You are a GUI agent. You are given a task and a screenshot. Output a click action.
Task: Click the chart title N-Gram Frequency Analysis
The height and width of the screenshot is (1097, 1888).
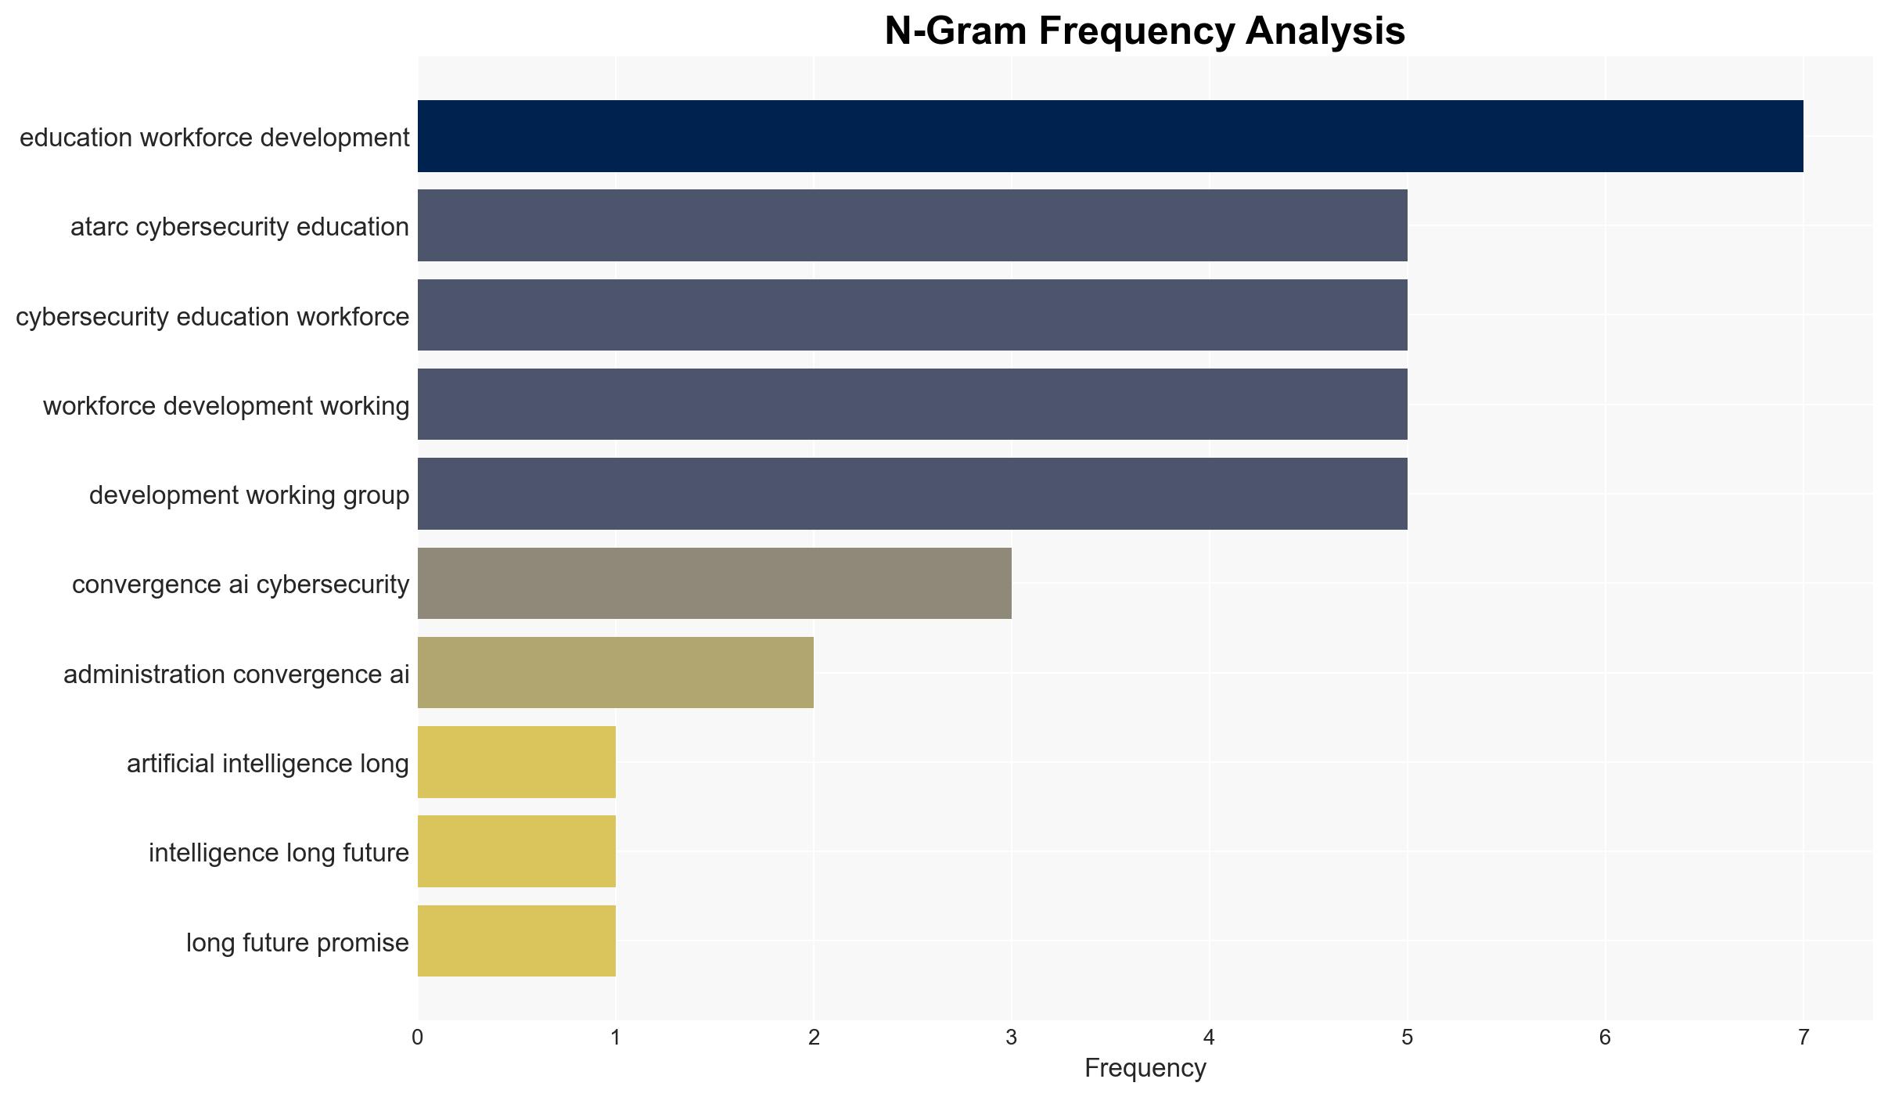coord(1145,31)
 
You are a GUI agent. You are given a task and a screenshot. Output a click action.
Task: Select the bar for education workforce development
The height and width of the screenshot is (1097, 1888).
coord(1110,136)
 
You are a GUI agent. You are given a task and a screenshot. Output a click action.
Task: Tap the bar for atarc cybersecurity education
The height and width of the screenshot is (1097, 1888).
coord(912,225)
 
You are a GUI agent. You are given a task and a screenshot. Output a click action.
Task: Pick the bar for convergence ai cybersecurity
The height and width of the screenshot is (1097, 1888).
coord(714,583)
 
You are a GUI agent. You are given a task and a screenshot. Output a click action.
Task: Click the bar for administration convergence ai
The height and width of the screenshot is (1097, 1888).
coord(616,673)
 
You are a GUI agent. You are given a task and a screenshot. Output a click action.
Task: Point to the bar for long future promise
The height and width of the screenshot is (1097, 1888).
coord(516,941)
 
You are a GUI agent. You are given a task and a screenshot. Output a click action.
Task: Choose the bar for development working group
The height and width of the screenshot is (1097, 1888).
coord(912,494)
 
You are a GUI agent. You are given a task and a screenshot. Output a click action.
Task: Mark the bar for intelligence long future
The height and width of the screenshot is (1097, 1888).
coord(516,851)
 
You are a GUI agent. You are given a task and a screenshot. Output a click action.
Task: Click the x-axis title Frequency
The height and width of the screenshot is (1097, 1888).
coord(1145,1068)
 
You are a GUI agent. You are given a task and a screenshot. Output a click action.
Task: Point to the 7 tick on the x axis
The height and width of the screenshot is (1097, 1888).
coord(1803,1038)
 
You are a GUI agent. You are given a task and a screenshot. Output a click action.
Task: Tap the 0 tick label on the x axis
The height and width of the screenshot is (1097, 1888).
coord(418,1038)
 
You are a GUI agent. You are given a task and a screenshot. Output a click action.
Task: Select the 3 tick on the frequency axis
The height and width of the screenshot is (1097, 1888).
coord(1012,1038)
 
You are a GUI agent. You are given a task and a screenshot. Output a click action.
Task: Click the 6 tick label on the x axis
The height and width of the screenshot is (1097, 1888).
coord(1606,1038)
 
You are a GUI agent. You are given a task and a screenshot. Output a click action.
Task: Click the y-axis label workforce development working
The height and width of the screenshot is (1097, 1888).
coord(226,405)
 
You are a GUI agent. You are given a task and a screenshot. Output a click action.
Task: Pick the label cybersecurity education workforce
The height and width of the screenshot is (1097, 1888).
coord(213,316)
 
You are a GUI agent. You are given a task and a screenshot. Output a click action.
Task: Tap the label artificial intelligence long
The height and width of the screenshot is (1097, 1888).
coord(268,763)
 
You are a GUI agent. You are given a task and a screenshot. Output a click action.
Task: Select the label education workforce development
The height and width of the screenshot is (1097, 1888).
coord(214,137)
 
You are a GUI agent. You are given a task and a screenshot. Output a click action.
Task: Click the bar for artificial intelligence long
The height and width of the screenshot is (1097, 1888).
coord(516,762)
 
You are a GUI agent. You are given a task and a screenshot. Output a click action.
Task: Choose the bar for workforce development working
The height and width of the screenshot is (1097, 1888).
coord(912,404)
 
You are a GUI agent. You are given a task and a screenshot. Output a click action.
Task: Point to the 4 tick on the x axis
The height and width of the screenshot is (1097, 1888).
coord(1210,1038)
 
